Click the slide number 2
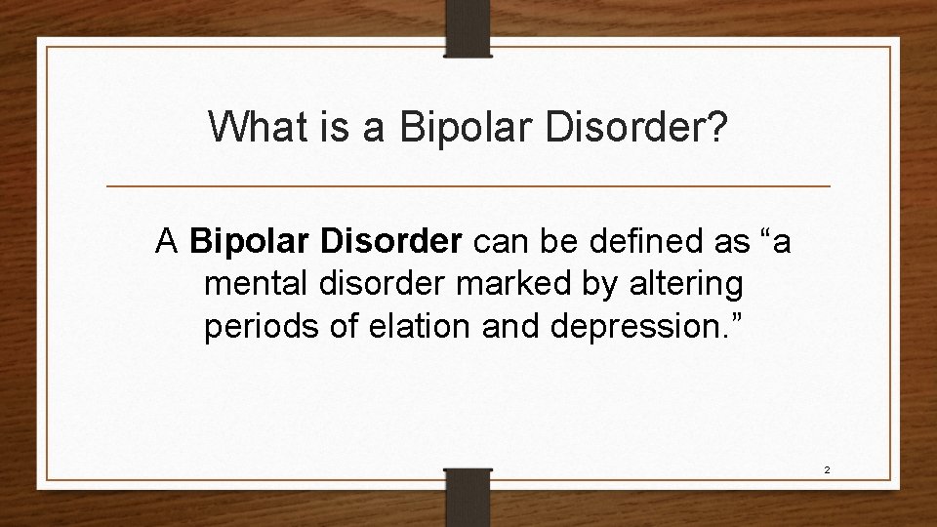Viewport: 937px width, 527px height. click(x=827, y=469)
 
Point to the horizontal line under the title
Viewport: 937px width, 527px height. click(x=468, y=185)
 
